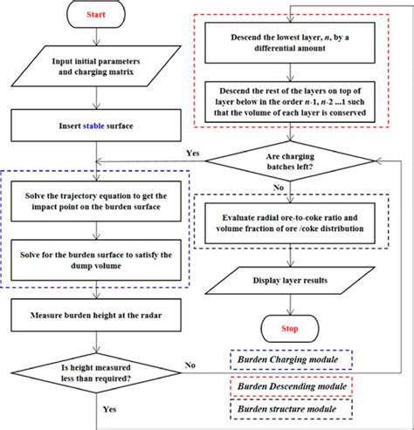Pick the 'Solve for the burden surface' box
tap(95, 258)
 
